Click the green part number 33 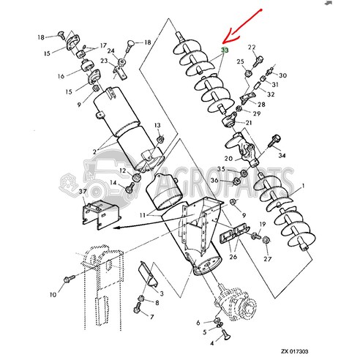coord(225,52)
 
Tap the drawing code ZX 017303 coord(323,352)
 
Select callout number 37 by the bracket coord(83,192)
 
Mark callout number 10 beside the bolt coord(53,295)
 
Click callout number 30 coord(283,76)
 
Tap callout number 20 coord(228,158)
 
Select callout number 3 coord(160,292)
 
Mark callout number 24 coord(111,50)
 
